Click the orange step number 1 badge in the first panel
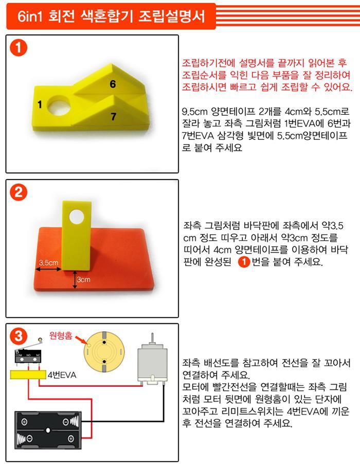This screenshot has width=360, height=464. tap(19, 48)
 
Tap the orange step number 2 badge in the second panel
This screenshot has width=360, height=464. tap(19, 192)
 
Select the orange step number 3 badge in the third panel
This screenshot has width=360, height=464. tap(19, 336)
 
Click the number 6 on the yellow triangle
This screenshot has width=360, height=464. tap(113, 84)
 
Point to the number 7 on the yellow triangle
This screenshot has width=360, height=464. tap(113, 117)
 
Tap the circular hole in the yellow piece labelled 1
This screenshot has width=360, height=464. tap(60, 106)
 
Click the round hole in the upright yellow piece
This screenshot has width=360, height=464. tap(77, 217)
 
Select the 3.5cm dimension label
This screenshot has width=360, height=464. tap(48, 262)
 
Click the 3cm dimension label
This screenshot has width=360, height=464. tap(84, 279)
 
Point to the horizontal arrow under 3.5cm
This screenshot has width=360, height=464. tap(48, 269)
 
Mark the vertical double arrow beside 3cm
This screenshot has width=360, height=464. tap(75, 280)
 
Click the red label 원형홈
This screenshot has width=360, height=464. tap(61, 335)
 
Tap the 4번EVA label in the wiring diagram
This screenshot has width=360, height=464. tap(62, 375)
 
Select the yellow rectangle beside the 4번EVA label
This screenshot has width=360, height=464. tap(28, 374)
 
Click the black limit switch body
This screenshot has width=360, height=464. tap(28, 357)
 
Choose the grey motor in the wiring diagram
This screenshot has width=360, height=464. tap(152, 363)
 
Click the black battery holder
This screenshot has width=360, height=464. tap(48, 430)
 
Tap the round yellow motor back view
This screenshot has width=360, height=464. tap(104, 352)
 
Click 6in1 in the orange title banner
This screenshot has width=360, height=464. tap(30, 16)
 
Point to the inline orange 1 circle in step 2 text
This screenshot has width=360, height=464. tap(244, 262)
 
